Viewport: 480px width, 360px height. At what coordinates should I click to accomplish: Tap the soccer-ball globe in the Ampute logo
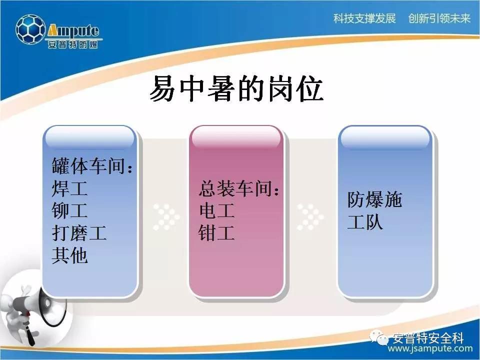[x=30, y=29]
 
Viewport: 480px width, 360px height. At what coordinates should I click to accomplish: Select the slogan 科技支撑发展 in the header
[x=364, y=18]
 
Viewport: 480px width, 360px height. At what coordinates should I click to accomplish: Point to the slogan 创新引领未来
[x=439, y=18]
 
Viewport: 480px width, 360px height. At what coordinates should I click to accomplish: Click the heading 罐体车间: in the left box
[x=92, y=165]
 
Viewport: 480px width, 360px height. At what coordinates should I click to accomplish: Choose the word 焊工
[x=70, y=188]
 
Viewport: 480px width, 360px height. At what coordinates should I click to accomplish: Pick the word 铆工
[x=70, y=210]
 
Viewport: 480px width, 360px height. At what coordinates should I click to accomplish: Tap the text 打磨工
[x=79, y=233]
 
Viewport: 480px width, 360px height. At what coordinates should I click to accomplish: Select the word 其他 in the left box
[x=70, y=255]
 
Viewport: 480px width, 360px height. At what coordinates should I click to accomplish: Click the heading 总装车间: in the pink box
[x=239, y=188]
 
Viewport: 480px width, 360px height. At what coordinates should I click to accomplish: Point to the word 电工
[x=216, y=210]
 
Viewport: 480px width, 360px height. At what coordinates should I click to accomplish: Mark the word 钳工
[x=216, y=233]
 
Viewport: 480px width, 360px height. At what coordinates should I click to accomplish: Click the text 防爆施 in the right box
[x=374, y=199]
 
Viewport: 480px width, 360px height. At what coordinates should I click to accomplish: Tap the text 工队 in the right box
[x=365, y=222]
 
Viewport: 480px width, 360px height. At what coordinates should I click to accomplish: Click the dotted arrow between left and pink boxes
[x=166, y=217]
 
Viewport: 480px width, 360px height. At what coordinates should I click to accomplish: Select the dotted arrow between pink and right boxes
[x=310, y=217]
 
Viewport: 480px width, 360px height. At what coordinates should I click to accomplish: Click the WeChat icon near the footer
[x=379, y=337]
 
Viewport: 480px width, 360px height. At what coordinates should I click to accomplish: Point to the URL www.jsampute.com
[x=430, y=348]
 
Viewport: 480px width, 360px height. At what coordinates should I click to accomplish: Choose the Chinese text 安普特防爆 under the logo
[x=73, y=44]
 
